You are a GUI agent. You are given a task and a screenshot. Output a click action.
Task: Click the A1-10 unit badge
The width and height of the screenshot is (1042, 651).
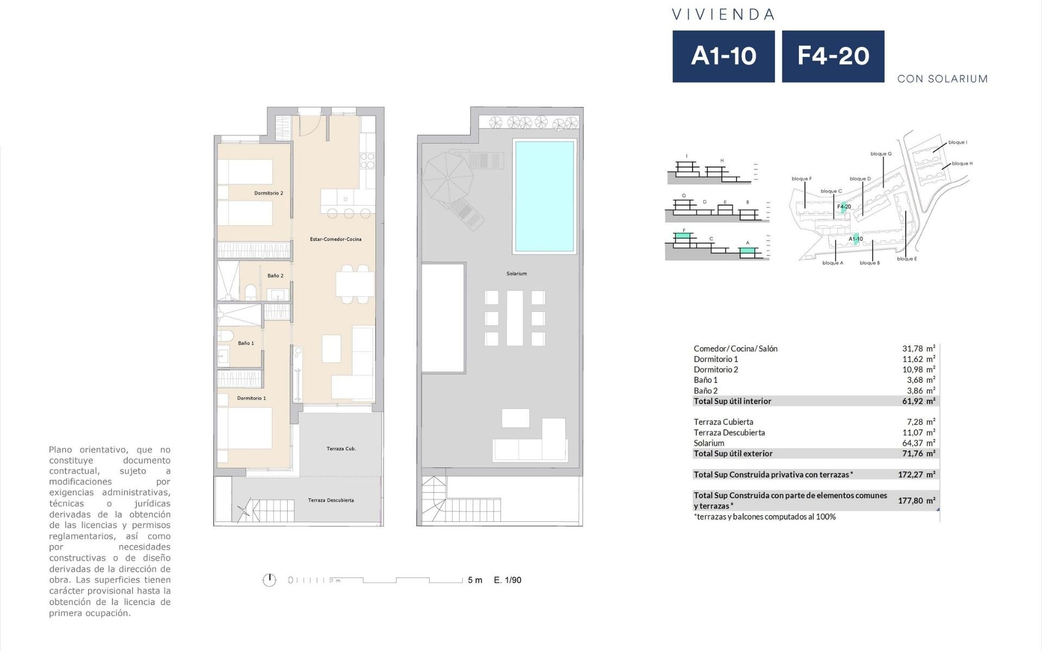click(723, 56)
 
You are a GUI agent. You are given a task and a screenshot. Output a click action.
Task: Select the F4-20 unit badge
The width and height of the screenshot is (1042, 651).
click(833, 56)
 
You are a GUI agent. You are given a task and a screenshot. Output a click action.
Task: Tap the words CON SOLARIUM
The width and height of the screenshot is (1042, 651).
click(943, 79)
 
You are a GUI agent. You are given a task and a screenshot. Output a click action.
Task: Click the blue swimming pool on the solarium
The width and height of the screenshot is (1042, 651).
click(544, 196)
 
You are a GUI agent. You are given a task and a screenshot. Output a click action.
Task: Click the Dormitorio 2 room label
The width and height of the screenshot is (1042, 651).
click(269, 193)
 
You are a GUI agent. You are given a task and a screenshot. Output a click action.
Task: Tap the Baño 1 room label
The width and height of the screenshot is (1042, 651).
click(246, 343)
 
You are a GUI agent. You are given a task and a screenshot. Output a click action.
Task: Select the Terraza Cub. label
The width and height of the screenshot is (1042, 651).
click(341, 449)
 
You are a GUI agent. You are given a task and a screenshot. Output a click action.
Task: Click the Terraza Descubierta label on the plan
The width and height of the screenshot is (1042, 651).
click(331, 500)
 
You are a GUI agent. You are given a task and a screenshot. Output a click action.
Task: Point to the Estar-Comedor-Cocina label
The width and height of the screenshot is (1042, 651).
click(335, 239)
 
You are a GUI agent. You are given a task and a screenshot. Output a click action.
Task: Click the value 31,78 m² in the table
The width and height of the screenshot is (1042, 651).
click(919, 349)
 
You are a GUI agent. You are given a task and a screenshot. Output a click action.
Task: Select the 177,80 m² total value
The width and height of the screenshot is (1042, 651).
click(917, 501)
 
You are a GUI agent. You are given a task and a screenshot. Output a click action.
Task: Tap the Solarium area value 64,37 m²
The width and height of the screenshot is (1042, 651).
click(919, 443)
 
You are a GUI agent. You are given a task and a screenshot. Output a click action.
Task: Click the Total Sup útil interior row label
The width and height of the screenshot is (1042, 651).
click(732, 401)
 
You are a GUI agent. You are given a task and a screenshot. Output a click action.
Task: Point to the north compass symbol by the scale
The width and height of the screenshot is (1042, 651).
click(269, 580)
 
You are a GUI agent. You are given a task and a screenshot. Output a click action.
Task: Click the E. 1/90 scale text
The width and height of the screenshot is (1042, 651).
click(507, 580)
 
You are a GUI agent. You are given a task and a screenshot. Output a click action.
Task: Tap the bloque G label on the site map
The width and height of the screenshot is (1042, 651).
click(881, 154)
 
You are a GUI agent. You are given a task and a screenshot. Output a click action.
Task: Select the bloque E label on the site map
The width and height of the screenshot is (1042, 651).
click(907, 259)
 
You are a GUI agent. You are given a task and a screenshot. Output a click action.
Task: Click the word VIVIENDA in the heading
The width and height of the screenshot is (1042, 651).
click(723, 15)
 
